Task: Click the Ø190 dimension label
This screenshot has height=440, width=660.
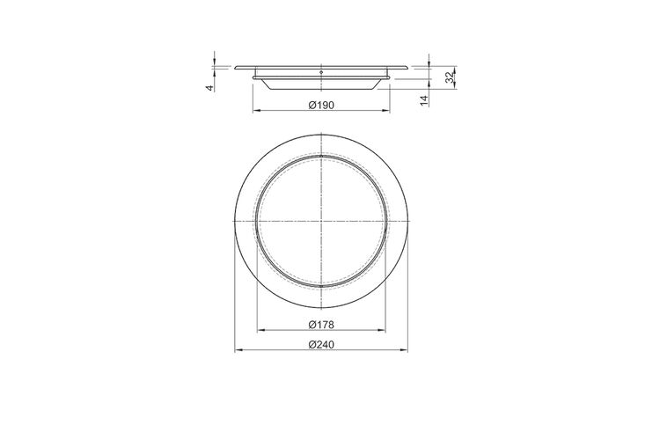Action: pyautogui.click(x=321, y=105)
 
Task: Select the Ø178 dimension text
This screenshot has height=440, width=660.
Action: pyautogui.click(x=321, y=325)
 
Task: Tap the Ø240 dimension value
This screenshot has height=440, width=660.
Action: pyautogui.click(x=321, y=344)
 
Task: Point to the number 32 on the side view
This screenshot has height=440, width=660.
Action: pyautogui.click(x=450, y=77)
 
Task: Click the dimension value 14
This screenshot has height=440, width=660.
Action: pyautogui.click(x=424, y=100)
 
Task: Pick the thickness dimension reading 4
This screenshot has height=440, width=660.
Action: pyautogui.click(x=209, y=88)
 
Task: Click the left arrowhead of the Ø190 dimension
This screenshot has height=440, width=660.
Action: pyautogui.click(x=256, y=111)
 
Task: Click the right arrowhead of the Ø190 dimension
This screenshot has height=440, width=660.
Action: pyautogui.click(x=385, y=111)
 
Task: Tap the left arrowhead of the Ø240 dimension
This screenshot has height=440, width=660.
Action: pyautogui.click(x=238, y=349)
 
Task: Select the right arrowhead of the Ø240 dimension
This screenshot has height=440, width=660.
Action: pyautogui.click(x=404, y=349)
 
